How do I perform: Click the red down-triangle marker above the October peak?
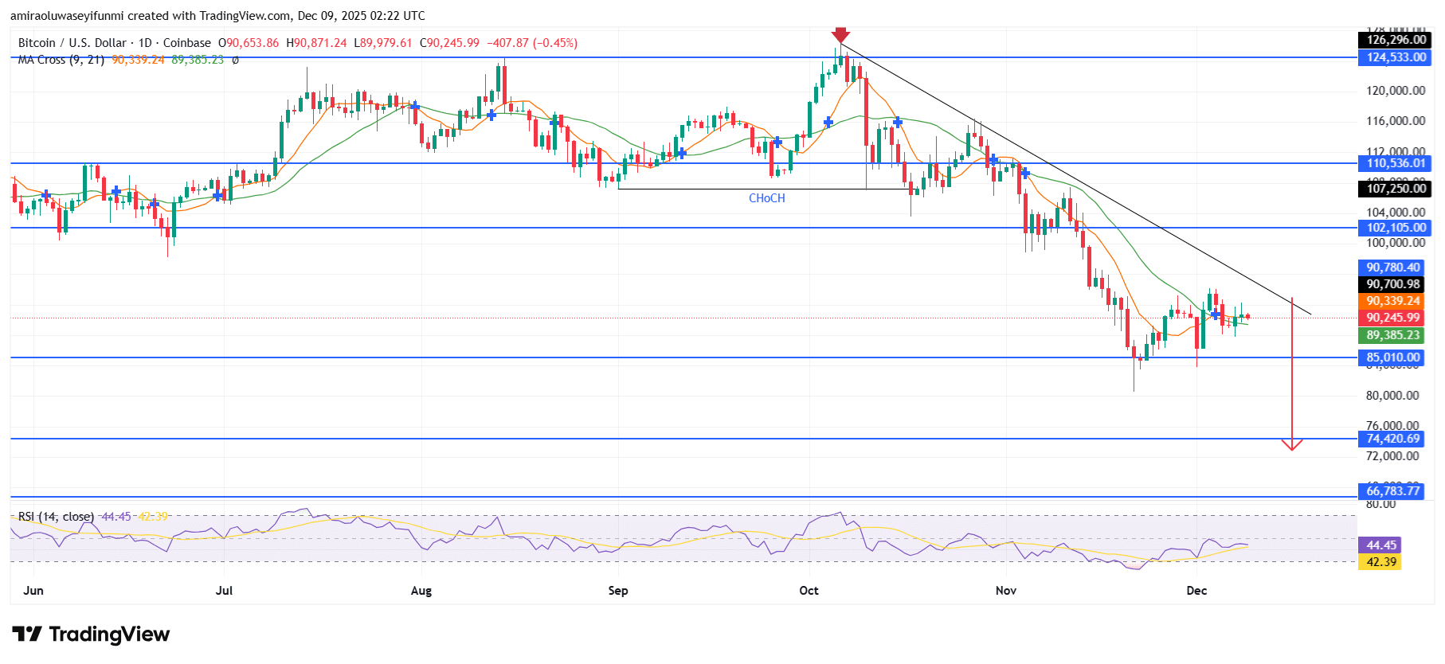click(840, 34)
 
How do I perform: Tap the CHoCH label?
click(766, 198)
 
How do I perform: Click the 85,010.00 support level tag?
click(1392, 357)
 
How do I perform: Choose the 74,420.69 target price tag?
click(1392, 439)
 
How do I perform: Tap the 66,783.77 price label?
click(1392, 490)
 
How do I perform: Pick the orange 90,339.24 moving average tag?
click(1392, 301)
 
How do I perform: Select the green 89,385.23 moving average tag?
click(1392, 335)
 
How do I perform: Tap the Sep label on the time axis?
click(618, 591)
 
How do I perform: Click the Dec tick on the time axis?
click(1196, 591)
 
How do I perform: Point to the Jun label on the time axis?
click(33, 591)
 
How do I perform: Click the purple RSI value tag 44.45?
click(1381, 545)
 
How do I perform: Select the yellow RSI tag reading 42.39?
click(1381, 562)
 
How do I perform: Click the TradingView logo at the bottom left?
click(92, 635)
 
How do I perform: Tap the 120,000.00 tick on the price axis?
click(1396, 91)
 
